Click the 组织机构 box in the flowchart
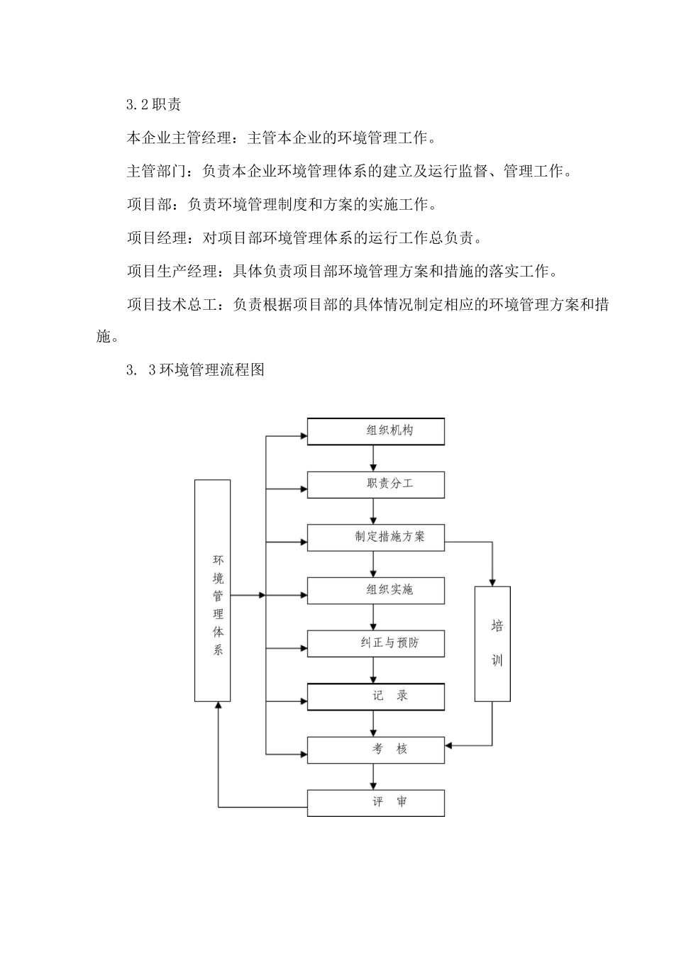tap(375, 431)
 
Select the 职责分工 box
tap(375, 484)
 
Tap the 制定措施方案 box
tap(375, 537)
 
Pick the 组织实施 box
tap(375, 590)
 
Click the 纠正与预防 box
tap(375, 643)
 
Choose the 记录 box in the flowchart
tap(375, 696)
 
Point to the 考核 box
tap(375, 749)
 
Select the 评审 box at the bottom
tap(375, 803)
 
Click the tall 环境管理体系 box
tap(212, 590)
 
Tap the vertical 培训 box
tap(492, 643)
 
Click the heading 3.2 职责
tap(154, 105)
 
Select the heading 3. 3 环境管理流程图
tap(195, 369)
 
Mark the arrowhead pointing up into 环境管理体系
tap(218, 707)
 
